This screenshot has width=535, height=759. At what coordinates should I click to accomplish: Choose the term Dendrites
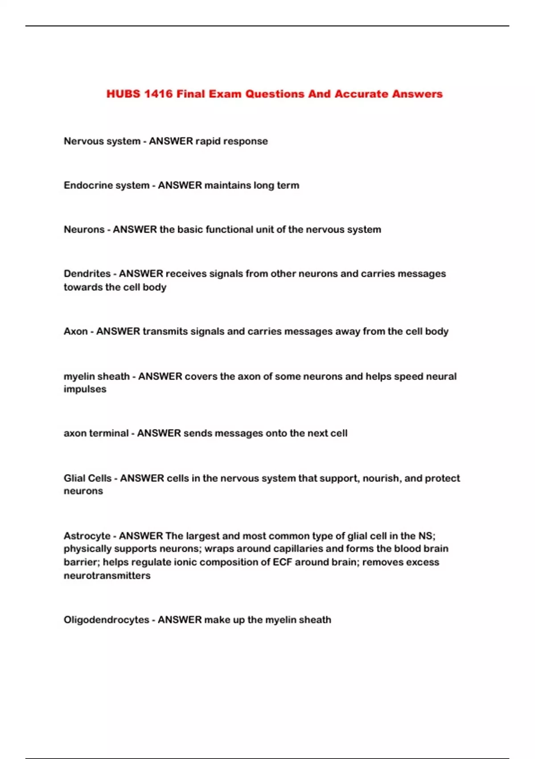click(x=87, y=274)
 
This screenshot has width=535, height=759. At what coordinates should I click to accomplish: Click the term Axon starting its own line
click(x=76, y=331)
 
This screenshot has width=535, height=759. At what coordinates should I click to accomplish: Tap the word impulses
click(x=85, y=389)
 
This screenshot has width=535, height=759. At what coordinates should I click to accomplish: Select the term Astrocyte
click(x=87, y=536)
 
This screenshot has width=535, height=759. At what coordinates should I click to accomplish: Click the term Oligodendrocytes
click(x=106, y=620)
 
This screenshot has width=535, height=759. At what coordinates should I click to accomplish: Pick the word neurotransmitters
click(x=107, y=576)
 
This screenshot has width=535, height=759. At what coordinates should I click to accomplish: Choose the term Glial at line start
click(x=74, y=478)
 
